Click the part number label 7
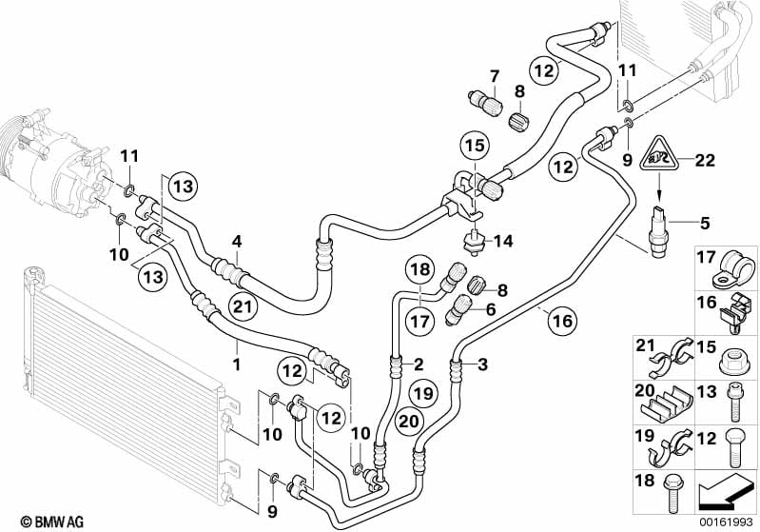494,76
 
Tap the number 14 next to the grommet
504,241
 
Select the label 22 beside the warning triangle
704,160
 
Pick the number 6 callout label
491,309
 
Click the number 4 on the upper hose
237,241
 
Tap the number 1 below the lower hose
237,364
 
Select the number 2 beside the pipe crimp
419,364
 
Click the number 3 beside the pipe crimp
482,365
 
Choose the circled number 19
423,393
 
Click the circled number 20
408,421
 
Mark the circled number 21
243,306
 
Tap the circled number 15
475,145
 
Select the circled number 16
563,321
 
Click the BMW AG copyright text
52,522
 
